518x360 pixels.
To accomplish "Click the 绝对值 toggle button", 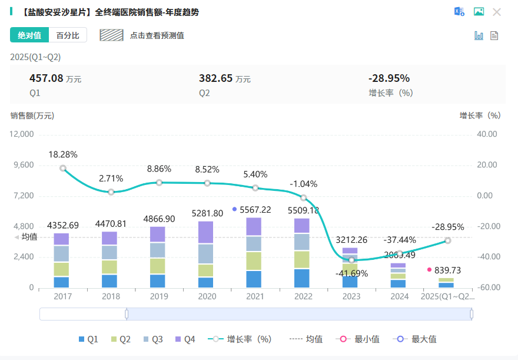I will point(29,35).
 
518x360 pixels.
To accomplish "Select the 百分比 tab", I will point(68,35).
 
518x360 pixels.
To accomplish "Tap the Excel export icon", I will point(459,12).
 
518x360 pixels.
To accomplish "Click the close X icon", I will point(497,12).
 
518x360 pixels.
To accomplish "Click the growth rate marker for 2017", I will point(63,169).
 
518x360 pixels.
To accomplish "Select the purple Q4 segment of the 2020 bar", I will point(206,232).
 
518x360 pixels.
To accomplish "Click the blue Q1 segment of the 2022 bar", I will point(302,278).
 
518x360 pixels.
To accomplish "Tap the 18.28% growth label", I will point(63,154).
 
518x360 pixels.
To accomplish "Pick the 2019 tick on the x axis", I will point(158,296).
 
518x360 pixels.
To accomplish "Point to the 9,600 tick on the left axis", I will point(22,165).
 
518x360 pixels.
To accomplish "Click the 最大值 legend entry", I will point(417,339).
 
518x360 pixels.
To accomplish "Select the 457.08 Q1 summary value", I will point(46,78).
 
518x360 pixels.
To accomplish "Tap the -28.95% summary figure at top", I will point(388,78).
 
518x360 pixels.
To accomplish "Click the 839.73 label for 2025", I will point(447,270).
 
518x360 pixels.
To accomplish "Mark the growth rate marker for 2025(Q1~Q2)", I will point(448,240).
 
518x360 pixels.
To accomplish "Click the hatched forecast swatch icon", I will point(111,35).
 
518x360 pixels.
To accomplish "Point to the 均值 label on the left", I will point(29,237).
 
